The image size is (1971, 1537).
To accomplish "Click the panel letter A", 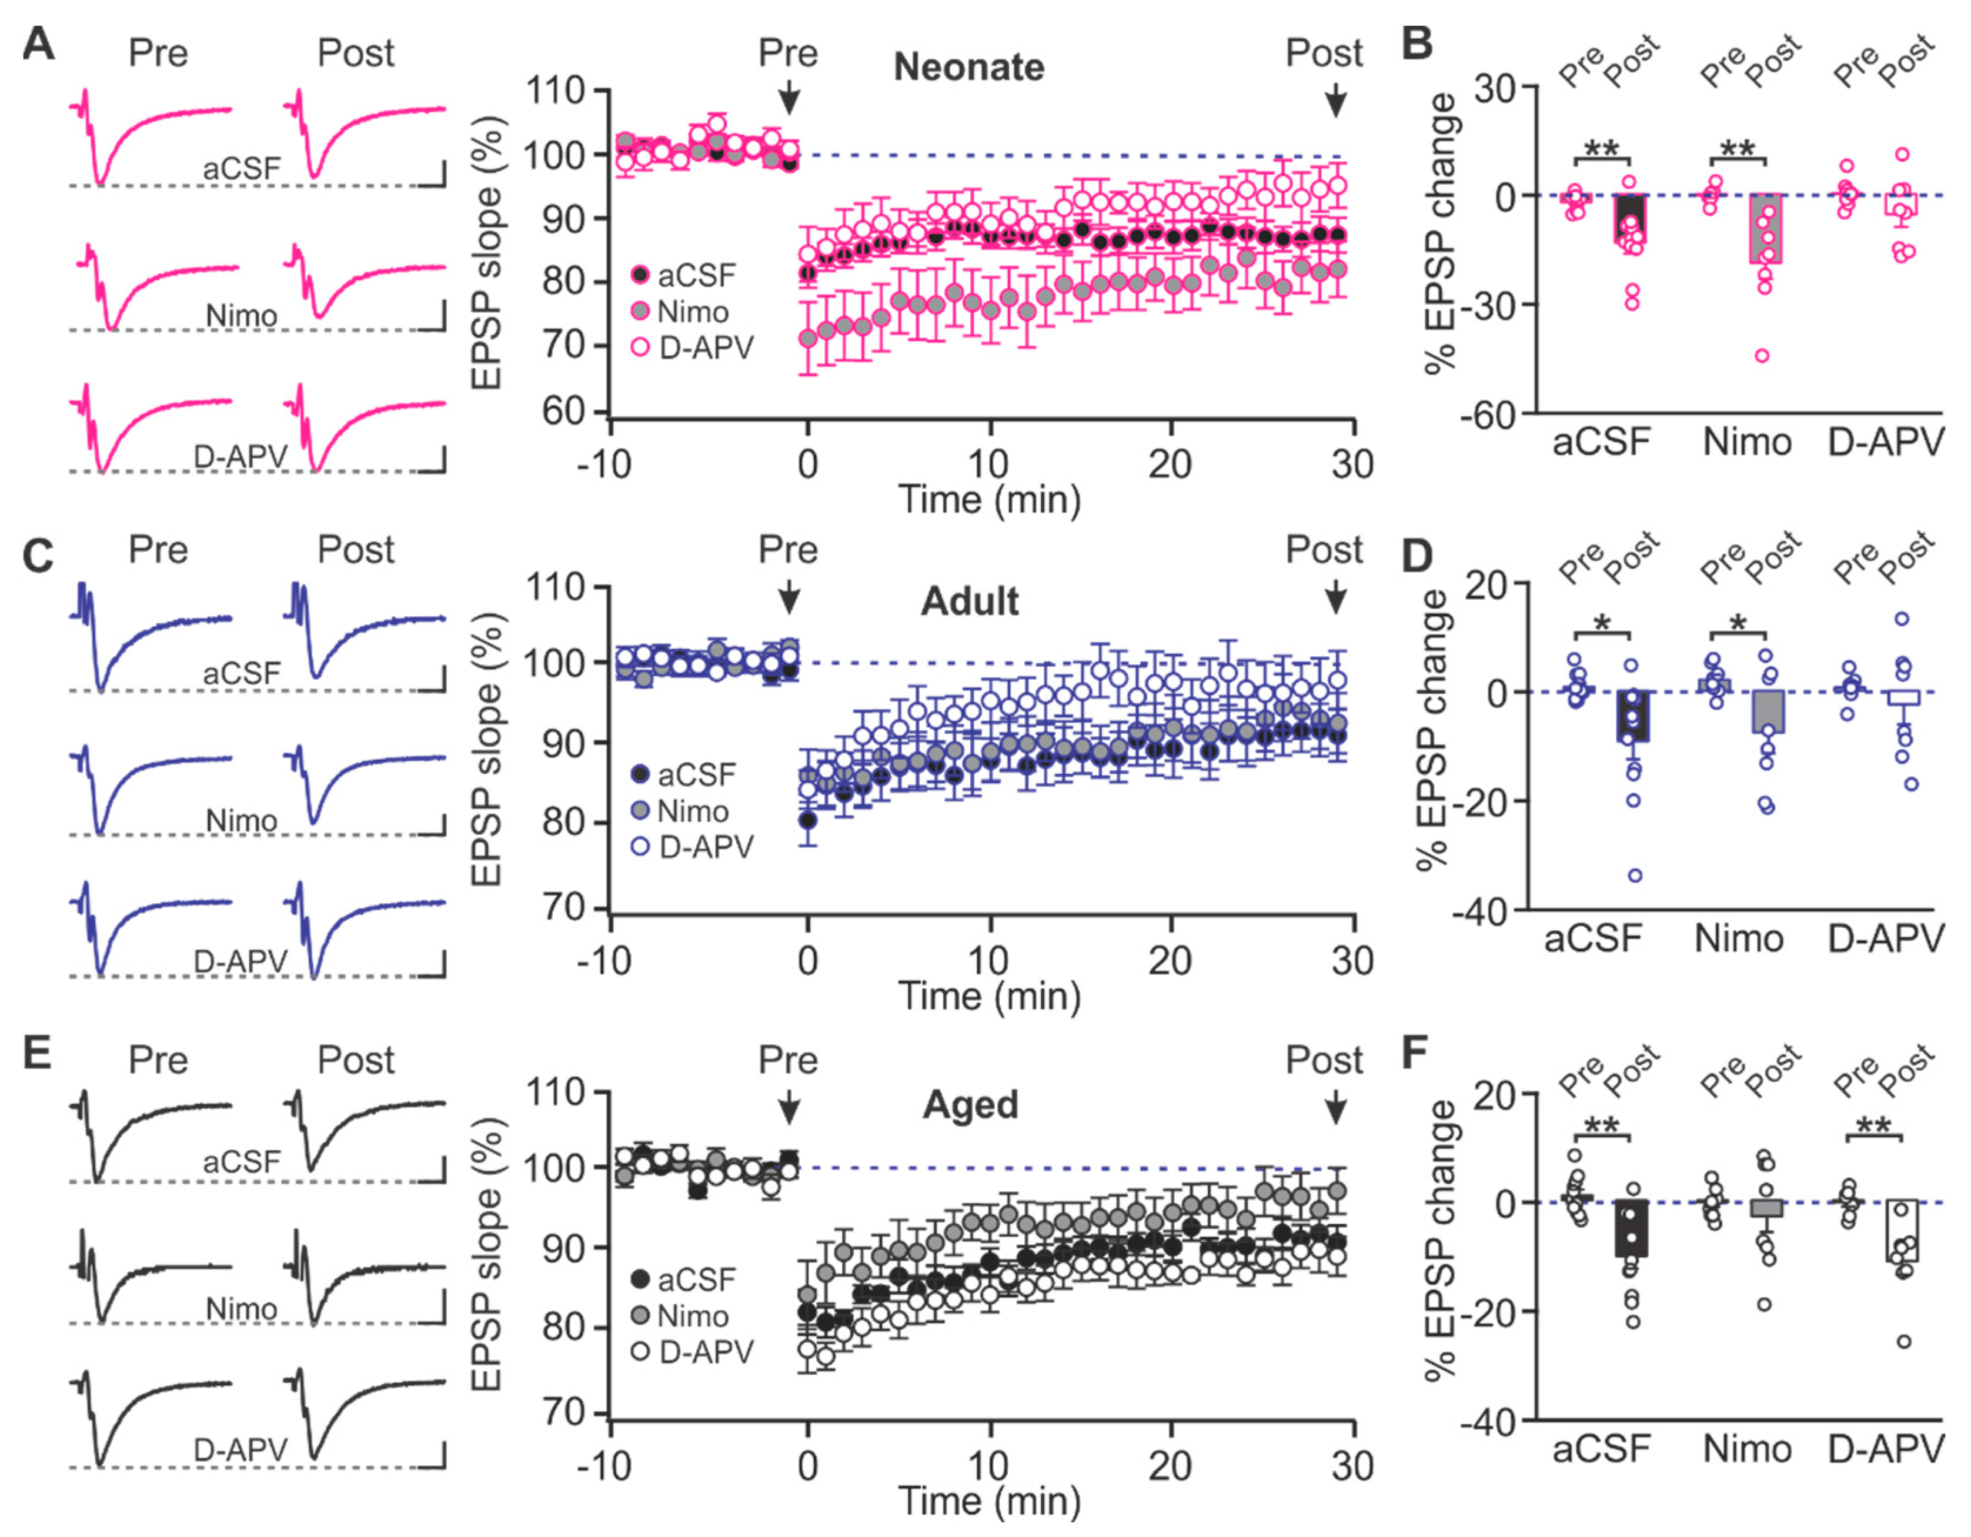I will (x=38, y=44).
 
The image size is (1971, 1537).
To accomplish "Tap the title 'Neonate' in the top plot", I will (x=968, y=68).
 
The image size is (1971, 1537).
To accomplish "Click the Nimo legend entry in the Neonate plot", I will (x=692, y=312).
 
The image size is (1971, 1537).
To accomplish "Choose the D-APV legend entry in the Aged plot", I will (x=706, y=1352).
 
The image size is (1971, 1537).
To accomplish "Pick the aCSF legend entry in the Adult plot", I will (x=696, y=774).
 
